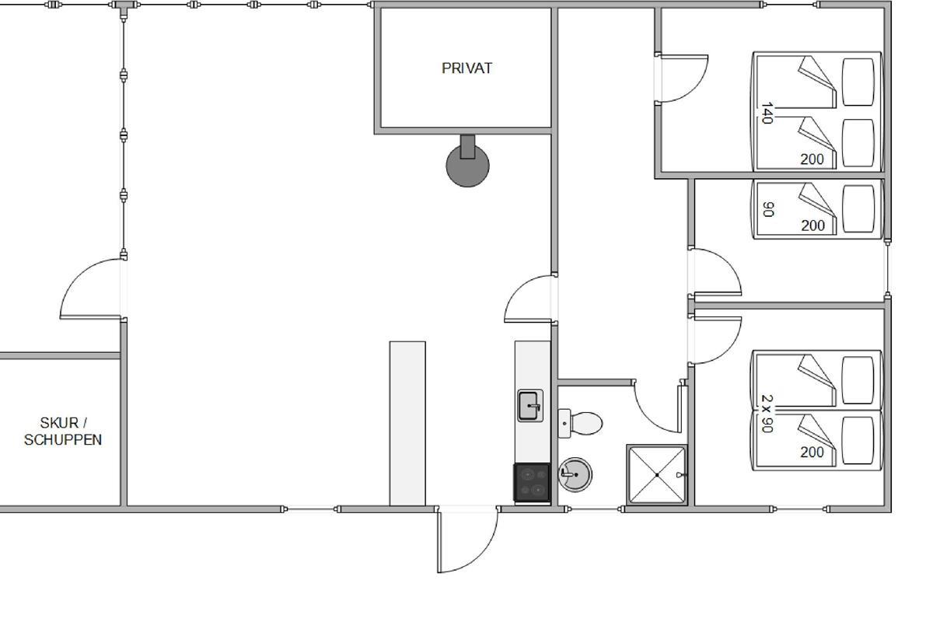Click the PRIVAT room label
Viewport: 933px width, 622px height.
(x=466, y=68)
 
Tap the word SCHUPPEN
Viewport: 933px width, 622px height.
(x=63, y=440)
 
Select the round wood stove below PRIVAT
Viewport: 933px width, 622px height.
(x=467, y=163)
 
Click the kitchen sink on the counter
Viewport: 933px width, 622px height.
(x=530, y=406)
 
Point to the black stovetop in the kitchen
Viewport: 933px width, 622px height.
(x=532, y=482)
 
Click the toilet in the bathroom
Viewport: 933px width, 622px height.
(x=580, y=423)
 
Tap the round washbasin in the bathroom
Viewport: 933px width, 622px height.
(x=575, y=474)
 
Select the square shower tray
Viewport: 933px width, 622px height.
(x=657, y=475)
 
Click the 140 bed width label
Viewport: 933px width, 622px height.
(x=767, y=113)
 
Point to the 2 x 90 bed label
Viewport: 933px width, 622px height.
(x=767, y=414)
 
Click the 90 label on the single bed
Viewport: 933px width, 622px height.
(x=768, y=209)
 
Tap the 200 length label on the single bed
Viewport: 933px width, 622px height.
(x=812, y=225)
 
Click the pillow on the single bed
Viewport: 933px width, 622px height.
(x=858, y=208)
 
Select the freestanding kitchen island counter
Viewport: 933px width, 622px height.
(x=407, y=424)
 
